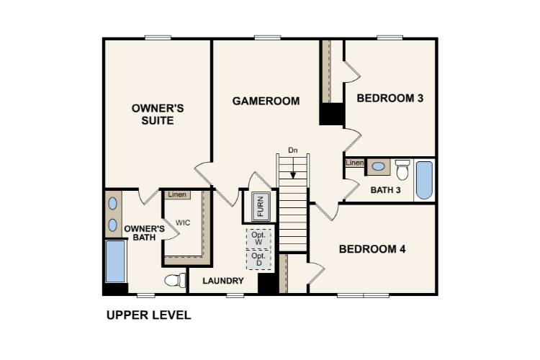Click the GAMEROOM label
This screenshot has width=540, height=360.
point(266,101)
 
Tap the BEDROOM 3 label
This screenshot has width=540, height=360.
point(390,98)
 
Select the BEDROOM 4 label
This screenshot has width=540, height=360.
point(372,249)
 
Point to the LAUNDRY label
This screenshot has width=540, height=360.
point(223,281)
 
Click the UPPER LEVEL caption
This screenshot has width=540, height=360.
point(149,315)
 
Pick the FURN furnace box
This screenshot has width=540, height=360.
point(261,207)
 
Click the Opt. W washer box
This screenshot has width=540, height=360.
point(258,238)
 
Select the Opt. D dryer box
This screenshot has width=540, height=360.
point(258,260)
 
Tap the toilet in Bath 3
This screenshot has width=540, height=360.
point(402,169)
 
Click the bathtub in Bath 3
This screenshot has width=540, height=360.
point(424,180)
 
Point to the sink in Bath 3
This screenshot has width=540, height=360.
point(379,166)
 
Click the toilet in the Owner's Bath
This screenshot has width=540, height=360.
point(175,280)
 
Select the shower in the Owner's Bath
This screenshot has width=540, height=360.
point(115,261)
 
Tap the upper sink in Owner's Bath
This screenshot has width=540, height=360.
point(112,204)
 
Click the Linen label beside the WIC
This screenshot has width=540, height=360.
point(177,194)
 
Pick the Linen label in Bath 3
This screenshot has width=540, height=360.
point(355,163)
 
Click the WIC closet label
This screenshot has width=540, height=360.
point(183,223)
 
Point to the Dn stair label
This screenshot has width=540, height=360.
point(293,150)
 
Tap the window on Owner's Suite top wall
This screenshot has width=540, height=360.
point(158,37)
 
